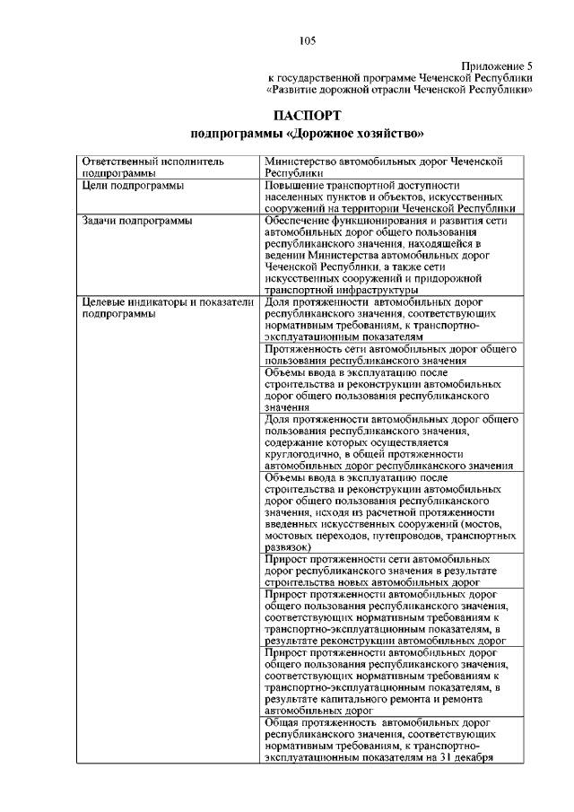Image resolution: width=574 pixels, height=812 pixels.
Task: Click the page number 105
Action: (307, 39)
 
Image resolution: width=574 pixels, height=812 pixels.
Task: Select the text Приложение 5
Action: (497, 67)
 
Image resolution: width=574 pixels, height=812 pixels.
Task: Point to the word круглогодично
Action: (305, 455)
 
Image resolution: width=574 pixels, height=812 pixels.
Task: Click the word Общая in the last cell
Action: (284, 720)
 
